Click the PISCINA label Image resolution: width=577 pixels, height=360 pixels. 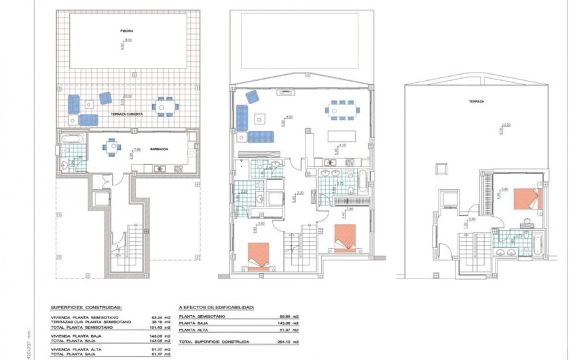[x=127, y=31]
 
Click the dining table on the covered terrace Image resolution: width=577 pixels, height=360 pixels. [x=163, y=107]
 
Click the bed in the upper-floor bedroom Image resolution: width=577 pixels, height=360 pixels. [x=527, y=199]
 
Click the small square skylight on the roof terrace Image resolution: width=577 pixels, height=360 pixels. [x=441, y=168]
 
